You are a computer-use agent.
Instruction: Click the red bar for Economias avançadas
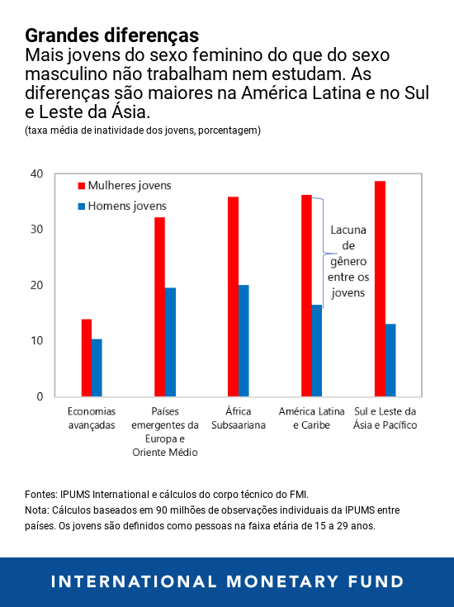coord(86,358)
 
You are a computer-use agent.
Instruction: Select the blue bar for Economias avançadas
coord(97,368)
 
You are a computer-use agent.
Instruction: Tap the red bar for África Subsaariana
coord(233,296)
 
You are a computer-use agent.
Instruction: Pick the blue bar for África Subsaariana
coord(244,340)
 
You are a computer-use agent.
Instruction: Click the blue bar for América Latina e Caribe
coord(316,350)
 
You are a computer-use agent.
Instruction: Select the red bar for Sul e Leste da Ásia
coord(380,288)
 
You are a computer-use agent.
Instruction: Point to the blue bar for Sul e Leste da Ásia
coord(390,360)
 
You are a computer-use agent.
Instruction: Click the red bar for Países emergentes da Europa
coord(159,306)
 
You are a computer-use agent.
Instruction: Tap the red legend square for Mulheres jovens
coord(82,186)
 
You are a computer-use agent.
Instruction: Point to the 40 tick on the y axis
coord(36,173)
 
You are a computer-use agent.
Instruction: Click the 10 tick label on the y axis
coord(36,341)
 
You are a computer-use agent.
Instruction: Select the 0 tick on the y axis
coord(39,396)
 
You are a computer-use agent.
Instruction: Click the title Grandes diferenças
coord(111,36)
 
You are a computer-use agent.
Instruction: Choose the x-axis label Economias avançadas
coord(91,418)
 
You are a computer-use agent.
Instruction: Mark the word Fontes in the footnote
coord(41,494)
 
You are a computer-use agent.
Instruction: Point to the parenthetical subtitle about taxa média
coord(143,130)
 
